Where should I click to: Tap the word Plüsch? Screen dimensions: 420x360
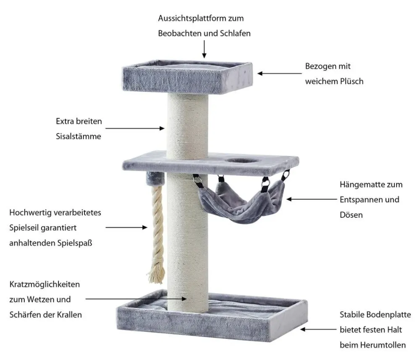pyautogui.click(x=352, y=81)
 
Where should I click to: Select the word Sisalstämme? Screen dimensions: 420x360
pyautogui.click(x=79, y=136)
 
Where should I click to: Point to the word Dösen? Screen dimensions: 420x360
pyautogui.click(x=351, y=215)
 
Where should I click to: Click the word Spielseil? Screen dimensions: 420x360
pyautogui.click(x=25, y=228)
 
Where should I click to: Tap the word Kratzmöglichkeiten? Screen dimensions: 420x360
pyautogui.click(x=45, y=284)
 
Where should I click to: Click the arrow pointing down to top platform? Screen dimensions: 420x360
pyautogui.click(x=205, y=49)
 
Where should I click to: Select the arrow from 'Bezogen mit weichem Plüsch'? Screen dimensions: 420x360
pyautogui.click(x=280, y=73)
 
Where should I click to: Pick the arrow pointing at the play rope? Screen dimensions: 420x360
pyautogui.click(x=126, y=227)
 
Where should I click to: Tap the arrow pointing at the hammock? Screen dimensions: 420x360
pyautogui.click(x=312, y=199)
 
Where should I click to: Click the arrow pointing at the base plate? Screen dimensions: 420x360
pyautogui.click(x=318, y=329)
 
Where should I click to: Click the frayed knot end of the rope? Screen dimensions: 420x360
pyautogui.click(x=156, y=270)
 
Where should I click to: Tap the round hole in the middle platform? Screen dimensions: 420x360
pyautogui.click(x=242, y=161)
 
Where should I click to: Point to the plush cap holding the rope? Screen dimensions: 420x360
pyautogui.click(x=155, y=179)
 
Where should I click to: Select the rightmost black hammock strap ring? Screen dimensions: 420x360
pyautogui.click(x=286, y=175)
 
